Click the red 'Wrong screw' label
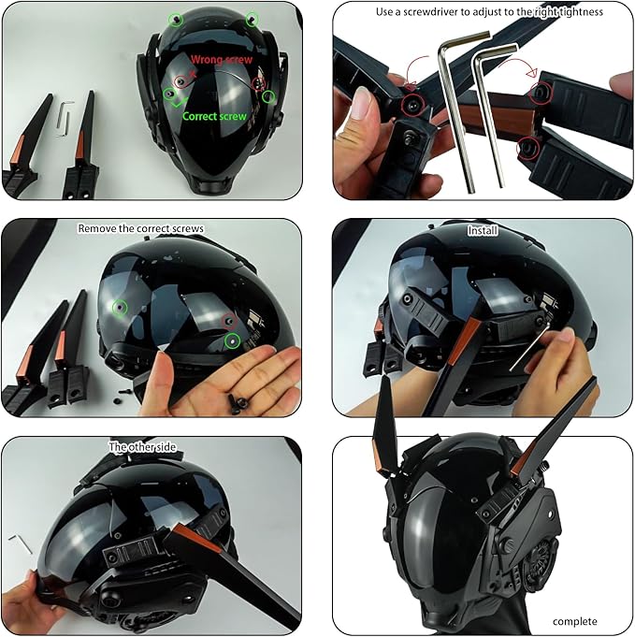coord(222,60)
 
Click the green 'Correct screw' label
coord(214,117)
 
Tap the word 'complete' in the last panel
coord(575,622)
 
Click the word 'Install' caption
coord(483,231)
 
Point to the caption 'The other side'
coord(142,447)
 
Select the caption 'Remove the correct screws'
coord(140,229)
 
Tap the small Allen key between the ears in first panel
coord(65,118)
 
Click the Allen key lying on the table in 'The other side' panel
coord(21,543)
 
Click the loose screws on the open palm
coord(238,404)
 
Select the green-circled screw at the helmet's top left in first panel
coord(176,19)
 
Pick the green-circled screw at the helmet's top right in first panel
coord(252,19)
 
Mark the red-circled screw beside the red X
coord(181,81)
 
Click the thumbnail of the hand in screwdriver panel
coord(361,103)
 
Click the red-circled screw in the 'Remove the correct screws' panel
coord(229,322)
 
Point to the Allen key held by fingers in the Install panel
coord(529,346)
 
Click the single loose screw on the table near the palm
coord(118,401)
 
